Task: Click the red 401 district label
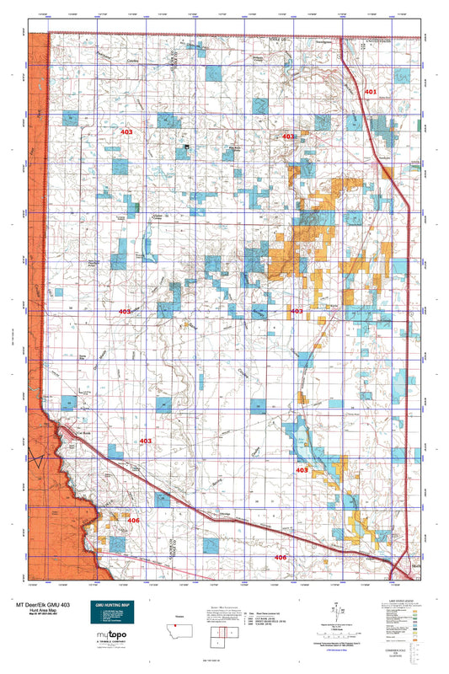pyautogui.click(x=370, y=90)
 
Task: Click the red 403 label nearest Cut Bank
pyautogui.click(x=144, y=441)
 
